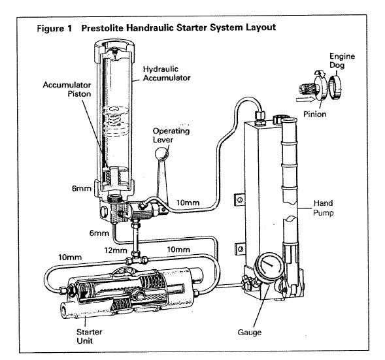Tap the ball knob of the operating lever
(x=161, y=154)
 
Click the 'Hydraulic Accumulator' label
(x=167, y=73)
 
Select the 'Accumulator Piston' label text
(x=67, y=90)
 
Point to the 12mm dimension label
(x=116, y=250)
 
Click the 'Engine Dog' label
(x=342, y=61)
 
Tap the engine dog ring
(x=335, y=88)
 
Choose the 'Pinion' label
(x=315, y=114)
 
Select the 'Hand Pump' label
(x=324, y=208)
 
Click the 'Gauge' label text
(x=250, y=333)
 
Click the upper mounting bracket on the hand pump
(x=240, y=200)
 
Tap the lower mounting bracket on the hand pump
(x=240, y=250)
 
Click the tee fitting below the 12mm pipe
(x=137, y=260)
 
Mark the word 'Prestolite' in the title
(x=103, y=27)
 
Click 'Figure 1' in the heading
(x=54, y=28)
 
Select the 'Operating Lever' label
(x=171, y=135)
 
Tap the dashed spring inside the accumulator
(x=115, y=121)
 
